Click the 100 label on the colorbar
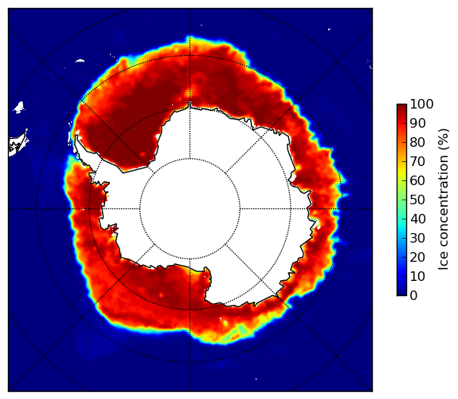tap(422, 104)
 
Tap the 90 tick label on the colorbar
tap(417, 123)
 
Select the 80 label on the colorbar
tap(417, 143)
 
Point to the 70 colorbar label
tap(417, 161)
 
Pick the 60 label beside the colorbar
tap(417, 180)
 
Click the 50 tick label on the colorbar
tap(417, 200)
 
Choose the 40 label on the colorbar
tap(417, 219)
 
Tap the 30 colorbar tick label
tap(417, 239)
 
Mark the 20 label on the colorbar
tap(417, 257)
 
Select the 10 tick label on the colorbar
tap(417, 276)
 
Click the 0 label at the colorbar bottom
tap(414, 296)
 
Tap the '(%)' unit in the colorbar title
tap(444, 140)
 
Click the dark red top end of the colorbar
tap(401, 106)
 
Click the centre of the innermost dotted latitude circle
tap(190, 209)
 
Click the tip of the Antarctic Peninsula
tap(76, 136)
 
